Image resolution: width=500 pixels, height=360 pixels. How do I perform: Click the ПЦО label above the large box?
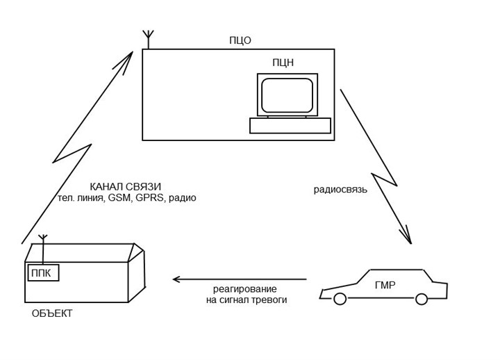click(240, 40)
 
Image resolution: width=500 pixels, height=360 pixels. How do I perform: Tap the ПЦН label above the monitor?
click(283, 63)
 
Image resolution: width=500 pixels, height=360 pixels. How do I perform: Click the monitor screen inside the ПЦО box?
click(287, 95)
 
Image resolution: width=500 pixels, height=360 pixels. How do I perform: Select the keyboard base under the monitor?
click(290, 125)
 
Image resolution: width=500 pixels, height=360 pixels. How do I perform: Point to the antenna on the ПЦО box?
click(149, 40)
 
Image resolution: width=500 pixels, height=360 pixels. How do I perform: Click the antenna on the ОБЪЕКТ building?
click(43, 248)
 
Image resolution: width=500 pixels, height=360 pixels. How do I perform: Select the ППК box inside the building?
click(43, 273)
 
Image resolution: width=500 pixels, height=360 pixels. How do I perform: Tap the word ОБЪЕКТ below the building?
click(52, 313)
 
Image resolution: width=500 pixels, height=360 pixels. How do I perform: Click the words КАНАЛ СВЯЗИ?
click(125, 187)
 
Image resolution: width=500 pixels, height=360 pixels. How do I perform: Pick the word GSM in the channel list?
click(119, 198)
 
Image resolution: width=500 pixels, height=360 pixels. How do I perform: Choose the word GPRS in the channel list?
click(149, 198)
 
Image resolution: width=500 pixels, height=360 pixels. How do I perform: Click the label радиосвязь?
click(340, 190)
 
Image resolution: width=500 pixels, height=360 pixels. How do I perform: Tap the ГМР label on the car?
click(385, 285)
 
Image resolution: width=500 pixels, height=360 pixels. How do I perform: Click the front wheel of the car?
click(340, 300)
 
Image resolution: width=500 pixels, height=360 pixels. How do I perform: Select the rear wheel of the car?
click(422, 300)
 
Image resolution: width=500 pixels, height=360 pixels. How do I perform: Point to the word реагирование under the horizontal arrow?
click(245, 290)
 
